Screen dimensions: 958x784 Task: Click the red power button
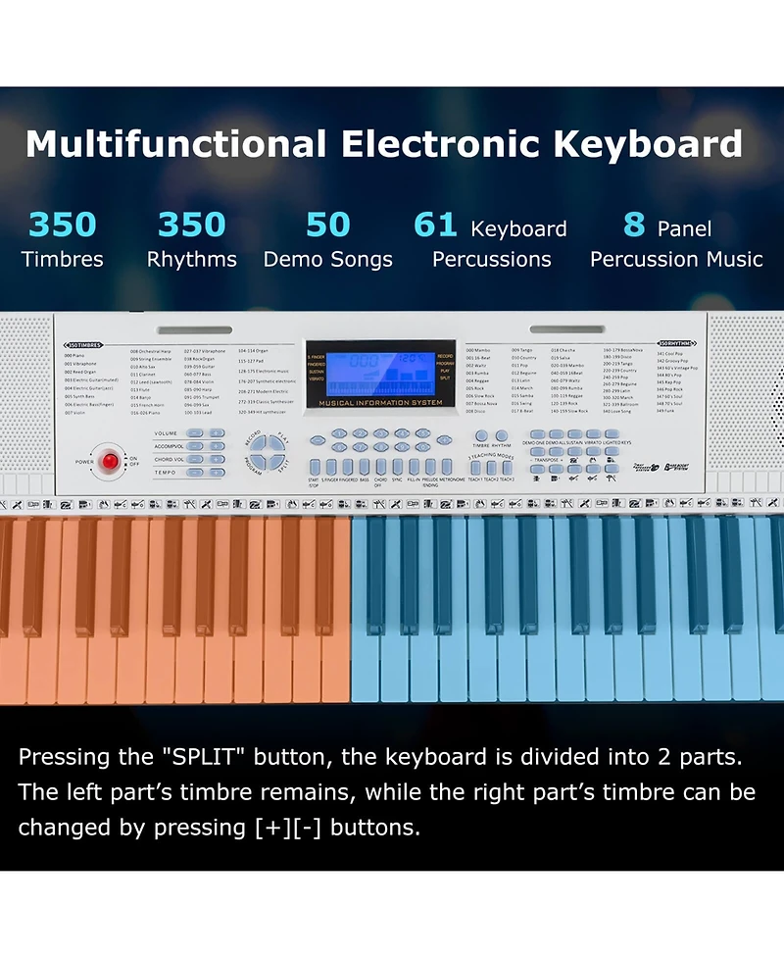click(110, 461)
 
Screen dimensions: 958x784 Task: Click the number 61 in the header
click(436, 226)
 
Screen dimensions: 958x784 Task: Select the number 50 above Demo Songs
click(327, 226)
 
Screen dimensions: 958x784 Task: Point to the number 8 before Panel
click(634, 226)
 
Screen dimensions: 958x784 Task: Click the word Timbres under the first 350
click(63, 260)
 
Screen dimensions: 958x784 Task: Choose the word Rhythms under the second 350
click(192, 260)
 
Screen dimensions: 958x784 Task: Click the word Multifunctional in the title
click(176, 144)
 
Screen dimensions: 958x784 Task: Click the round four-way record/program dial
click(267, 454)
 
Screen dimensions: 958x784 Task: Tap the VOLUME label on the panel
click(166, 433)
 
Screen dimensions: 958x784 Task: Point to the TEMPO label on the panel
click(166, 472)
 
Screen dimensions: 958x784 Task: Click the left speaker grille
click(26, 402)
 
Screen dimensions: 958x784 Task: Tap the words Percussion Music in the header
click(676, 260)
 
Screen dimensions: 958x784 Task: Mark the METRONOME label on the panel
click(453, 479)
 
